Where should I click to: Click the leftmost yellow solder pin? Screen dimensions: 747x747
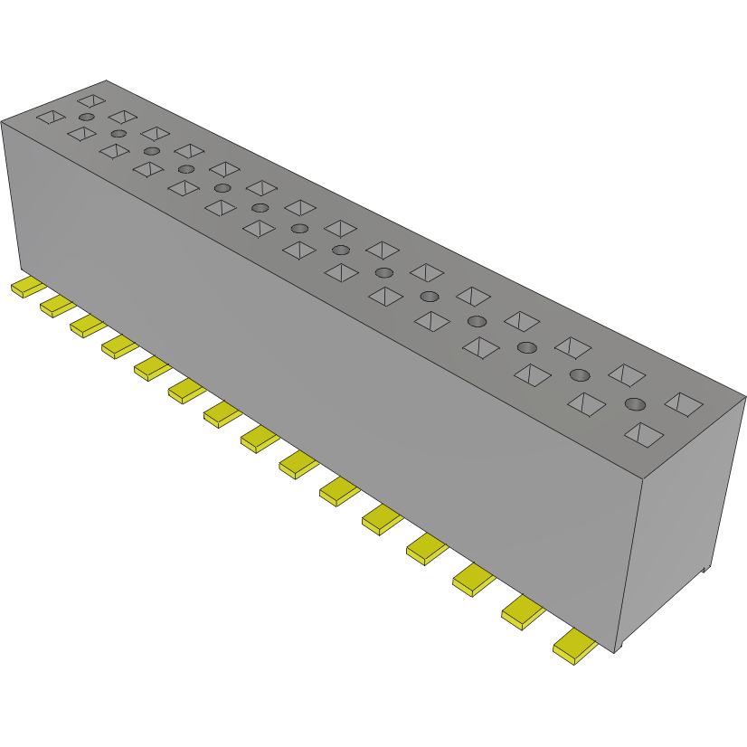tap(27, 288)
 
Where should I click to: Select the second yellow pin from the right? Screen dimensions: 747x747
tap(523, 613)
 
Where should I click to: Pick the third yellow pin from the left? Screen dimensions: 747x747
tap(88, 326)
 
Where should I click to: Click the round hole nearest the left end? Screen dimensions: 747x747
tap(86, 118)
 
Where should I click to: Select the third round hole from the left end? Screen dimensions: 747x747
tap(151, 150)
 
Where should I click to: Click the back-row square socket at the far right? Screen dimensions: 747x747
tap(684, 404)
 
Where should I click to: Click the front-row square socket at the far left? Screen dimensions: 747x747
tap(51, 117)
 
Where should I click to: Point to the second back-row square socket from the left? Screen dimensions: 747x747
tap(122, 117)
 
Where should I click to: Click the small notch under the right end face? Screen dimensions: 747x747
tap(708, 570)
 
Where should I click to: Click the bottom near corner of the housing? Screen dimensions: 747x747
tap(617, 651)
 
